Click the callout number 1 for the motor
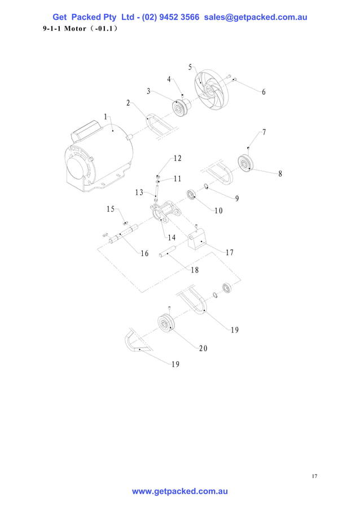pos(106,117)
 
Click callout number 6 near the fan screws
pos(263,93)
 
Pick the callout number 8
pos(280,174)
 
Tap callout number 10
pos(218,210)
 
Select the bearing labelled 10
pos(192,195)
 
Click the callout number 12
pos(177,158)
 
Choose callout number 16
pos(144,253)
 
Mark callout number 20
pos(203,348)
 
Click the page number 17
pos(314,477)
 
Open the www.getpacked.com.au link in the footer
pos(180,492)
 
